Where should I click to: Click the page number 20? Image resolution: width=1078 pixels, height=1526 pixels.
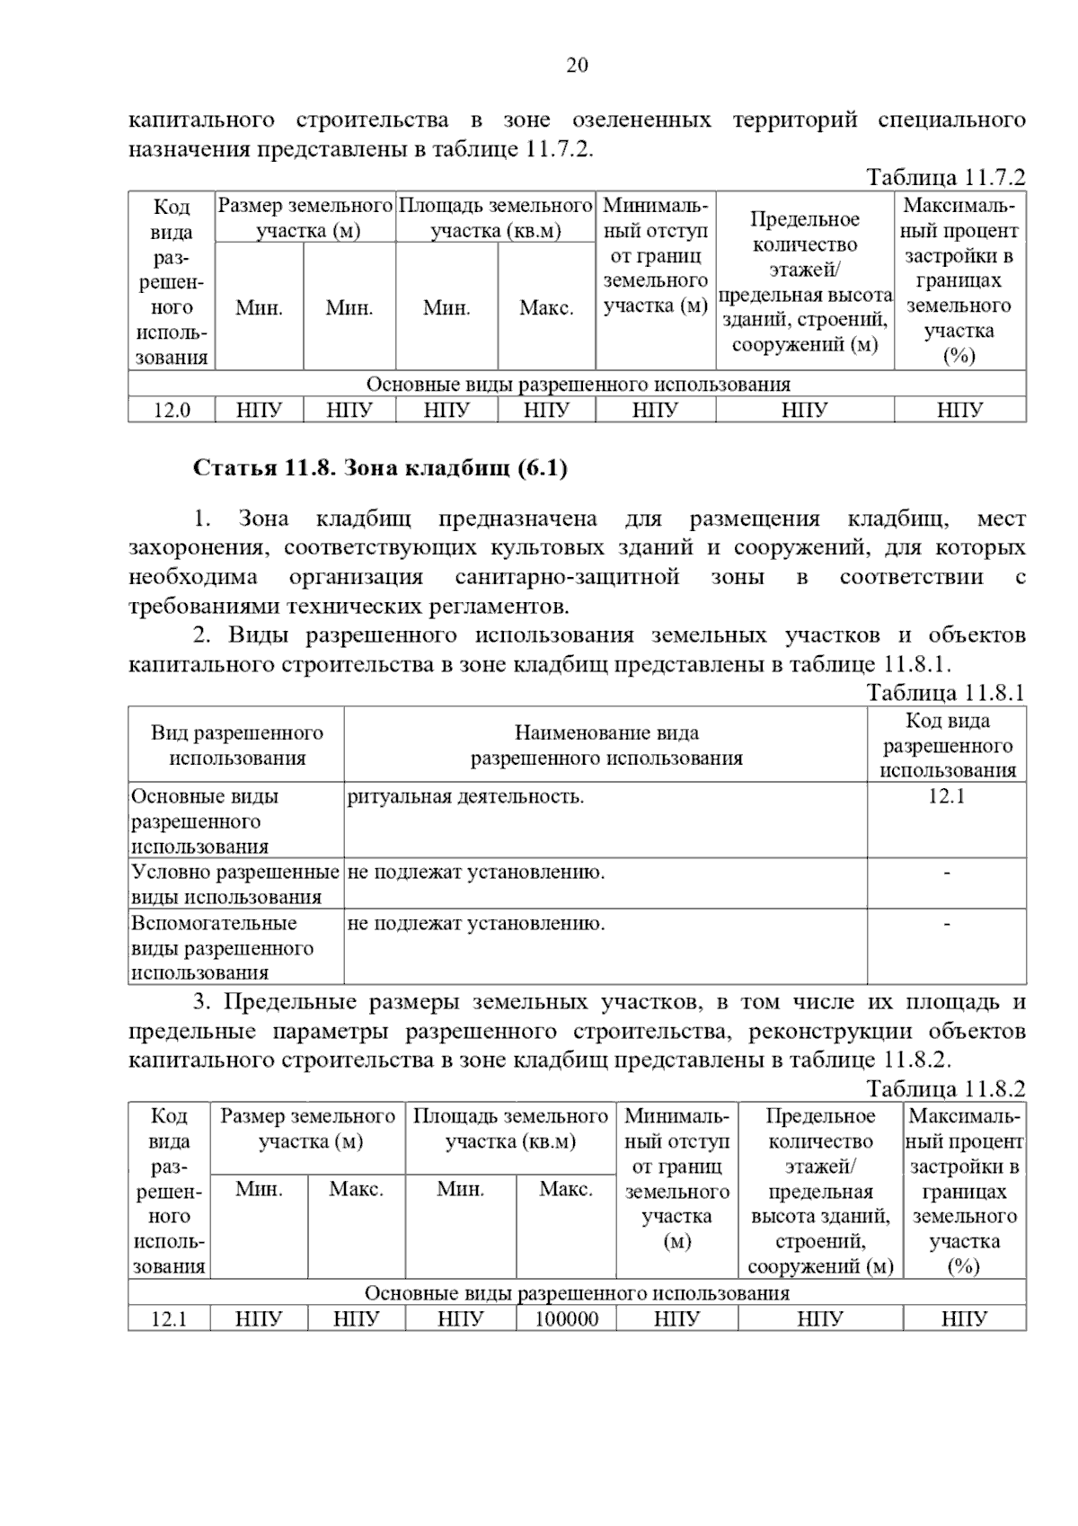tap(577, 65)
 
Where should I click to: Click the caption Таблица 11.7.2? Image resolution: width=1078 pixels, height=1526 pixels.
tap(945, 177)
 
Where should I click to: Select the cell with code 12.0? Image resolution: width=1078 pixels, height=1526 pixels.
tap(172, 411)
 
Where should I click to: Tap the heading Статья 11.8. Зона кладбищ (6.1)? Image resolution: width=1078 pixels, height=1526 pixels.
tap(380, 468)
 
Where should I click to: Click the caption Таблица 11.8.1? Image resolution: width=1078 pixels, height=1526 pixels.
tap(945, 693)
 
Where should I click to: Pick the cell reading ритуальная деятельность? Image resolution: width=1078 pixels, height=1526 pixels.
tap(465, 796)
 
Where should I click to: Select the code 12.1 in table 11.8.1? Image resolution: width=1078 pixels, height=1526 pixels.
tap(946, 796)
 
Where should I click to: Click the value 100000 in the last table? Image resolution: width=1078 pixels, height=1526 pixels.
tap(566, 1319)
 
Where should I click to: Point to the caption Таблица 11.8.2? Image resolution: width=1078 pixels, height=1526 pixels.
tap(945, 1089)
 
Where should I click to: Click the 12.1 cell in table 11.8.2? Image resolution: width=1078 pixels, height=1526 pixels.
tap(169, 1319)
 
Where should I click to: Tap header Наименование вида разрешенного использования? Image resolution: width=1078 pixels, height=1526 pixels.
tap(606, 745)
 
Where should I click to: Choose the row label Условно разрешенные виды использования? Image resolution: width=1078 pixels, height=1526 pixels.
tap(235, 884)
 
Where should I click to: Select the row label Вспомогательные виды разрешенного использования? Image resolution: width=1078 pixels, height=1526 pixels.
tap(223, 947)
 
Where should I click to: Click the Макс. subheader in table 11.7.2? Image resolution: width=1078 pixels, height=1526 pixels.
tap(546, 308)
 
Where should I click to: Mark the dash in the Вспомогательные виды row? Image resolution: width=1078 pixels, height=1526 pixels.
tap(946, 923)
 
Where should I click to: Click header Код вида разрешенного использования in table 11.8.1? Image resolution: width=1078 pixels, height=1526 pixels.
tap(947, 745)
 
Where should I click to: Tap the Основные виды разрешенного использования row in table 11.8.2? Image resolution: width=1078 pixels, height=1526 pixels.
tap(577, 1293)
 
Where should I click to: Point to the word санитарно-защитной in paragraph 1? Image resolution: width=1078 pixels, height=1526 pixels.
tap(567, 577)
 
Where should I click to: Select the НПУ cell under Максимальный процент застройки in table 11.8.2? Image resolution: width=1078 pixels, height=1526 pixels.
tap(964, 1319)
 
